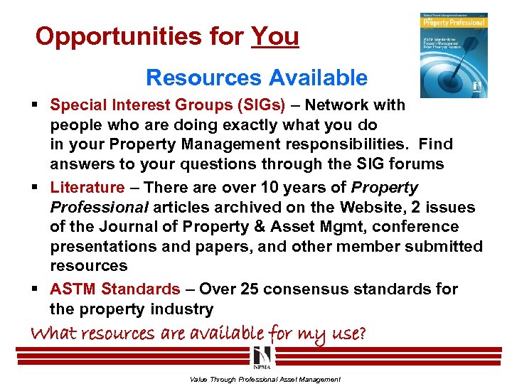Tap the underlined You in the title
pyautogui.click(x=275, y=36)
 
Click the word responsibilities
pyautogui.click(x=345, y=144)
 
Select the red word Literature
pyautogui.click(x=87, y=188)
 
